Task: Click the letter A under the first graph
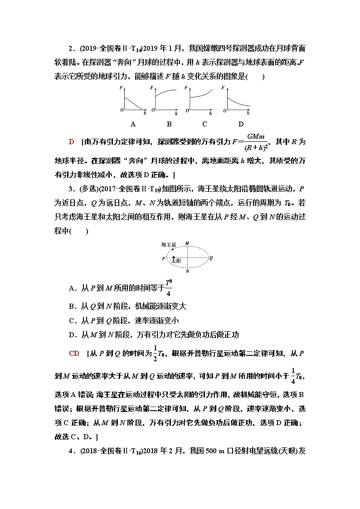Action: pos(133,124)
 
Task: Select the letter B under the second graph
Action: pos(169,124)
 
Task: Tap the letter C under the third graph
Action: pos(204,124)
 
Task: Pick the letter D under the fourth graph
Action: pos(241,124)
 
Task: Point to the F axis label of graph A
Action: pos(121,87)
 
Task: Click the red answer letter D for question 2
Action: pos(71,142)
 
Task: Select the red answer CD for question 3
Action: pos(74,354)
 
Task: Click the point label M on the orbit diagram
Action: pos(187,243)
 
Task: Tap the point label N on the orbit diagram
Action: pos(187,272)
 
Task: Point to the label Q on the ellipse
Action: pos(211,258)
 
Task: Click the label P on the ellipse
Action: pos(164,259)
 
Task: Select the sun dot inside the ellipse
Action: pos(173,257)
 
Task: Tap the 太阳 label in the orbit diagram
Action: pos(176,262)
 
